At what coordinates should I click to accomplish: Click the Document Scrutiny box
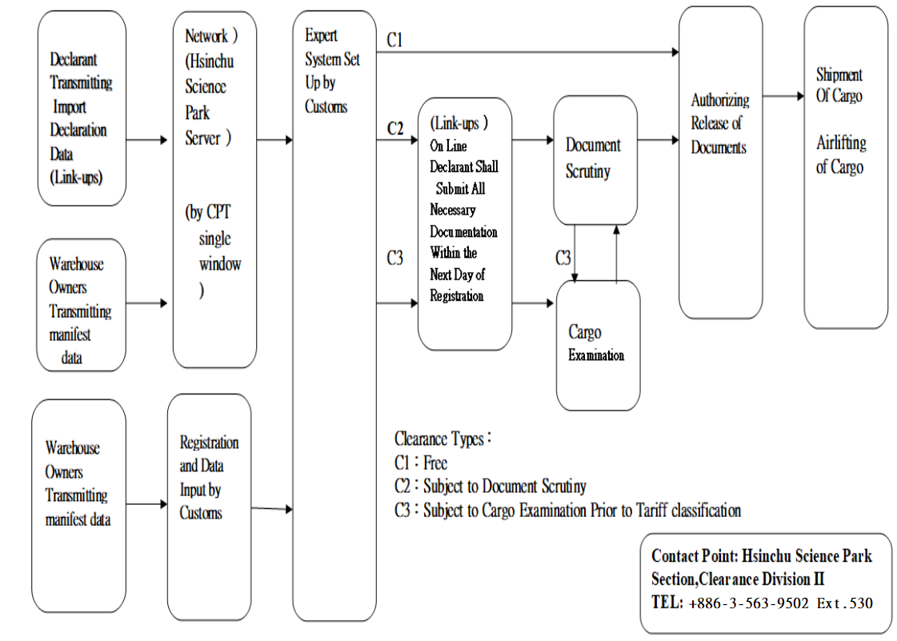pyautogui.click(x=595, y=160)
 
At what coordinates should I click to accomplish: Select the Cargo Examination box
pyautogui.click(x=598, y=344)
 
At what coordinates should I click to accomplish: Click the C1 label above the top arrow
pyautogui.click(x=394, y=40)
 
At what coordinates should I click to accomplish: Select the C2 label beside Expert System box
pyautogui.click(x=394, y=128)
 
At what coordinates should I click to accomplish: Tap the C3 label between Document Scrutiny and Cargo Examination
pyautogui.click(x=563, y=258)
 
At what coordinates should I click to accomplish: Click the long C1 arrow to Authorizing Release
pyautogui.click(x=528, y=53)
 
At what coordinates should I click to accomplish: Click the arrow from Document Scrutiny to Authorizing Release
pyautogui.click(x=658, y=141)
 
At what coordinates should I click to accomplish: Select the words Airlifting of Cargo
pyautogui.click(x=840, y=155)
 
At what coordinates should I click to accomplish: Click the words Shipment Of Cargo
pyautogui.click(x=839, y=85)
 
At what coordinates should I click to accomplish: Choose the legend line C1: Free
pyautogui.click(x=421, y=463)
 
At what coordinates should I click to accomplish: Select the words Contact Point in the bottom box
pyautogui.click(x=692, y=555)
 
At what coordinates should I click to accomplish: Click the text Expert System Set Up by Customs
pyautogui.click(x=332, y=71)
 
